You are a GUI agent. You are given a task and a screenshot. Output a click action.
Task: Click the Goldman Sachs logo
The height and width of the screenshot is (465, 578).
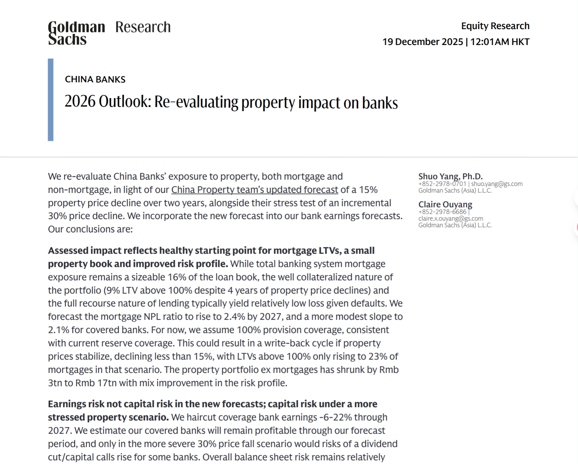coord(76,33)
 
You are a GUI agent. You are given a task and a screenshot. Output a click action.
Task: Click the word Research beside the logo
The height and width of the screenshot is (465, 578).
coord(143,27)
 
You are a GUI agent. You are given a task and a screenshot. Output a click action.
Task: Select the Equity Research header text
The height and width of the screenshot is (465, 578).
coord(495,26)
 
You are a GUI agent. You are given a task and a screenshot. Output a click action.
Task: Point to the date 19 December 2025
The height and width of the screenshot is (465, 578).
coord(422,42)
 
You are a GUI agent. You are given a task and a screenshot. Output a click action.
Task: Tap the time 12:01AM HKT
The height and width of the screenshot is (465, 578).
coord(500,42)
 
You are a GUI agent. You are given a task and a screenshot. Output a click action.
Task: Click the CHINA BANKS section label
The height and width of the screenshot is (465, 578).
coord(95,79)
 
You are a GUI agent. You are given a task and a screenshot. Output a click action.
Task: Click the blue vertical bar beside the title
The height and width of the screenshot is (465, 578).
coord(51,100)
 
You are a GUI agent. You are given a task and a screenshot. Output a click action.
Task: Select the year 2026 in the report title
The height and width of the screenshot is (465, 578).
coord(80,102)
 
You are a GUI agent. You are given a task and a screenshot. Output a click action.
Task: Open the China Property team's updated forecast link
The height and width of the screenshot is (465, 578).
coord(254,190)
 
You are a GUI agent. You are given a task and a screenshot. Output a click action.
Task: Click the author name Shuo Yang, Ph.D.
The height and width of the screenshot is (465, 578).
coord(450,176)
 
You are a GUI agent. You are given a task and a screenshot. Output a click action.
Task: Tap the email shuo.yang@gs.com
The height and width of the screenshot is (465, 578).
coord(497,184)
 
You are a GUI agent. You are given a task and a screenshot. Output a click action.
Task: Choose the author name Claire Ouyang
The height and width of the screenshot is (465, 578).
coord(445,204)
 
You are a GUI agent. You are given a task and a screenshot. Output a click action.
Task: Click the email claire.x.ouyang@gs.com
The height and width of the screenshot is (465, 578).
coord(450,218)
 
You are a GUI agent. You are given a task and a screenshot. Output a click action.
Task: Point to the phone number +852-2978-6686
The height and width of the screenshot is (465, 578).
coord(442,212)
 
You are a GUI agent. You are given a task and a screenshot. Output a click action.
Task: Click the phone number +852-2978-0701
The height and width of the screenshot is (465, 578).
coord(442,184)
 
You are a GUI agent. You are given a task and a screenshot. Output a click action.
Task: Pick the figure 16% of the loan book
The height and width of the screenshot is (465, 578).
coord(177,277)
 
